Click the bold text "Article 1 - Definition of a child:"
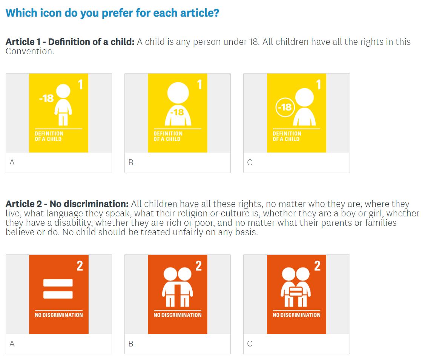70,42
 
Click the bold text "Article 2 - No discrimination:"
67,204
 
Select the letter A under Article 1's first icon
12,162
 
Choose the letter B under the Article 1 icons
130,162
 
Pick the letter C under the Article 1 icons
250,162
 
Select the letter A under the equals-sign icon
12,344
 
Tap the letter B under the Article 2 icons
130,344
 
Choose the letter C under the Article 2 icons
250,344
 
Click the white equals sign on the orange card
58,289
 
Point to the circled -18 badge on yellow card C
285,107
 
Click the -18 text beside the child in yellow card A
46,98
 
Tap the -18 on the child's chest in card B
177,112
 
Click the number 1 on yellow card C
319,84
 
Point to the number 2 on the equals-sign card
80,266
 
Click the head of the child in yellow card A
63,91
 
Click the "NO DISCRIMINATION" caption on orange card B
178,315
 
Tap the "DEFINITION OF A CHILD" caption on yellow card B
168,136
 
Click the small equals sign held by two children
296,291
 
